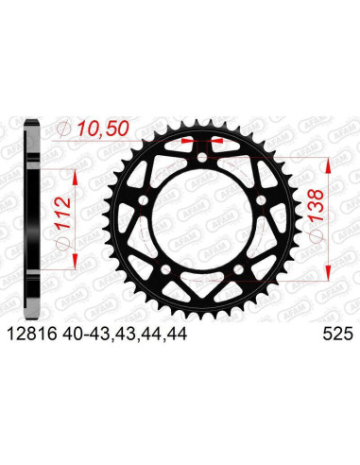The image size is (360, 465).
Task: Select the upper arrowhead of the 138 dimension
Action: (x=329, y=162)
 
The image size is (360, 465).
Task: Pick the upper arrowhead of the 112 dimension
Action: (x=71, y=174)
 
